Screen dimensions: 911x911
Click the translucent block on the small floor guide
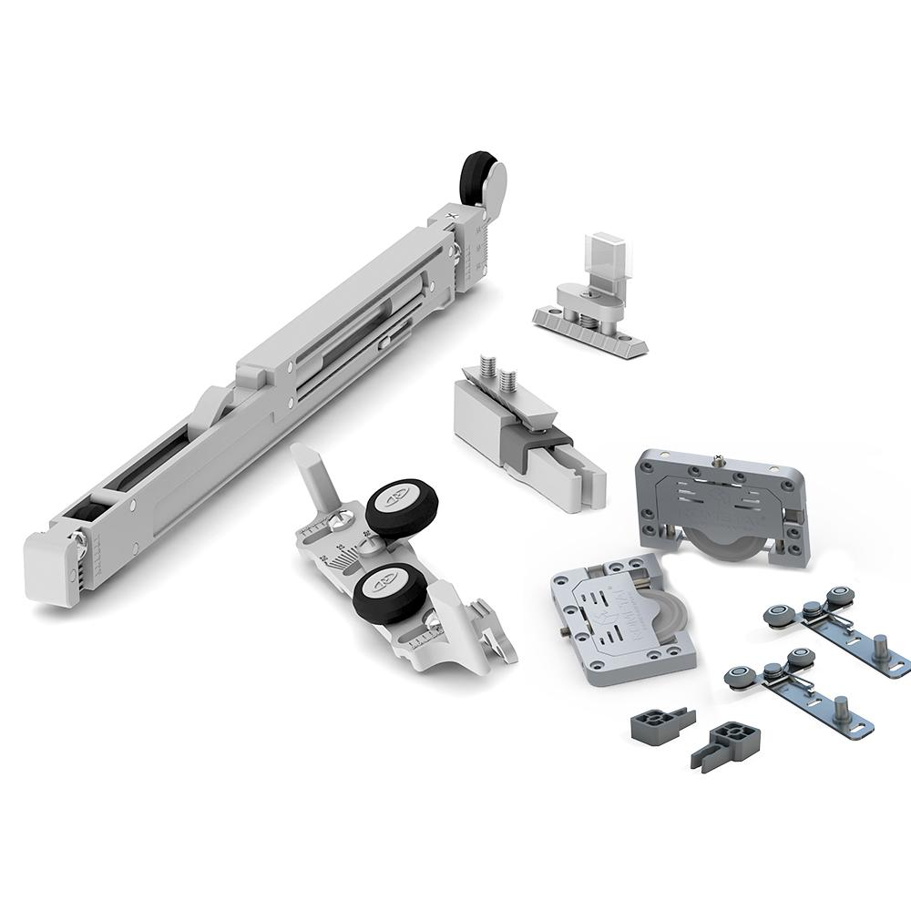pyautogui.click(x=593, y=259)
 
